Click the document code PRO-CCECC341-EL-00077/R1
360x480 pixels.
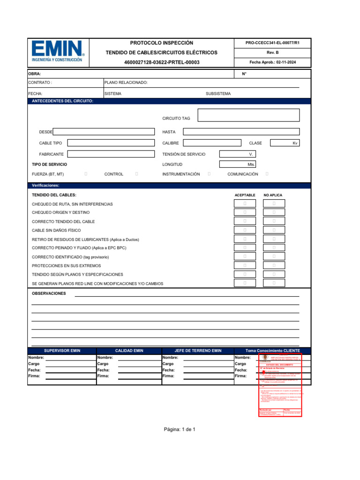click(x=272, y=43)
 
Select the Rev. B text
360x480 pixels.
click(x=272, y=52)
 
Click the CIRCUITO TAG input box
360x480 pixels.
click(x=248, y=115)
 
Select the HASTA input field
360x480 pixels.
click(x=241, y=132)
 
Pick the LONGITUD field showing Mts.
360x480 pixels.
click(x=238, y=165)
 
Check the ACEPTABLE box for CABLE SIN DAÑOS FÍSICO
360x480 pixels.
click(x=245, y=230)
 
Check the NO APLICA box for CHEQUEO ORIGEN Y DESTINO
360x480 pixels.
click(x=274, y=212)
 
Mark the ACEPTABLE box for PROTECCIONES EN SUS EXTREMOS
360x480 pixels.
click(x=245, y=265)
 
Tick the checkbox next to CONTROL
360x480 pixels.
click(x=136, y=174)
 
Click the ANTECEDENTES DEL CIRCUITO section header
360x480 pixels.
click(x=62, y=101)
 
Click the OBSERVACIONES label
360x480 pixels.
click(x=49, y=293)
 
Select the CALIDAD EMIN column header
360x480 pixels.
click(x=129, y=351)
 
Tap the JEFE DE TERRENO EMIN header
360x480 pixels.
click(x=198, y=351)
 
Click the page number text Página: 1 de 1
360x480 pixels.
click(x=180, y=429)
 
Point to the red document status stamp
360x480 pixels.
click(x=280, y=385)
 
